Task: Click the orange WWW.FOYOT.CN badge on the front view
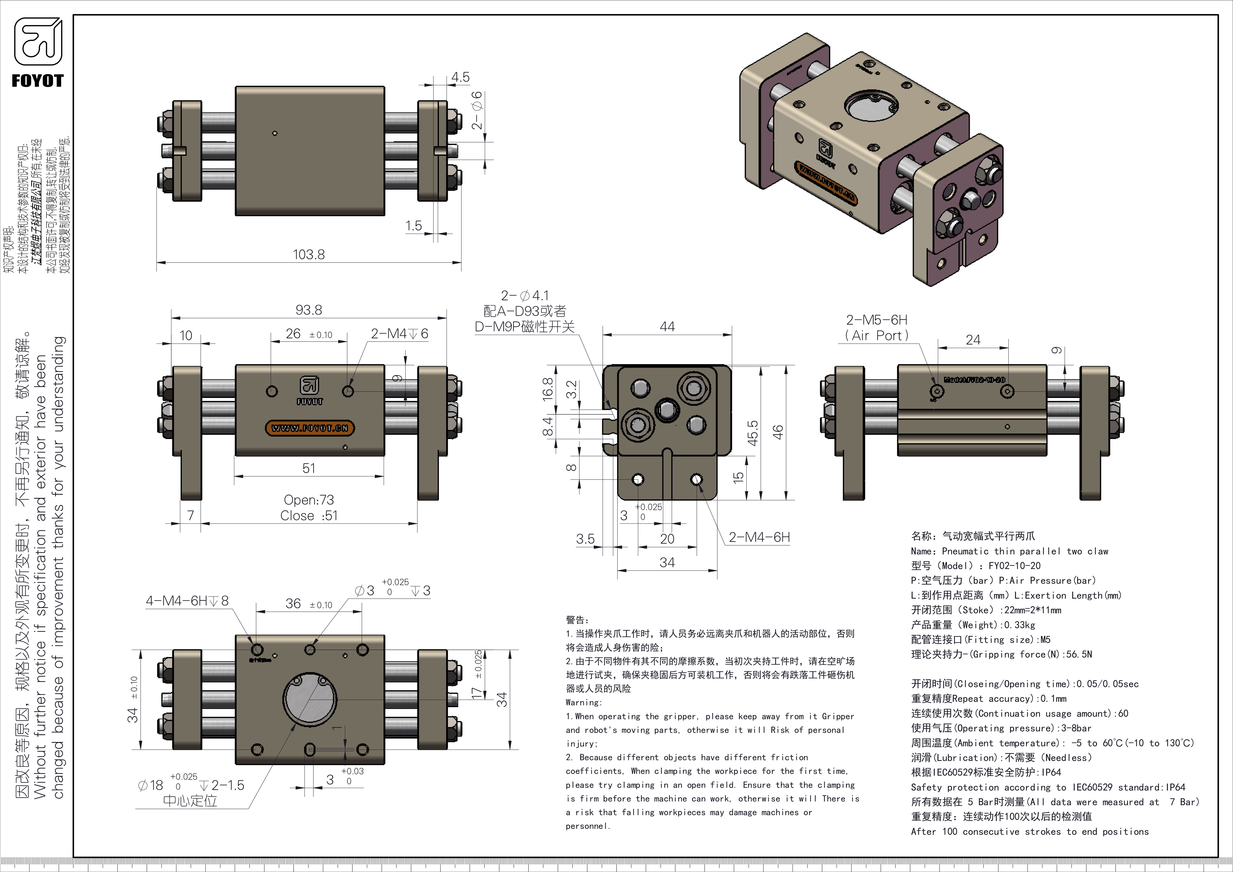point(310,428)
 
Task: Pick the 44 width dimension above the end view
point(667,326)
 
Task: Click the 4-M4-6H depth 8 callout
point(187,601)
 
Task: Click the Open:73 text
point(309,500)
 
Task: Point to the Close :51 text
point(309,516)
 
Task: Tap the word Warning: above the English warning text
point(584,702)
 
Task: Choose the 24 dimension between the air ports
point(973,340)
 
